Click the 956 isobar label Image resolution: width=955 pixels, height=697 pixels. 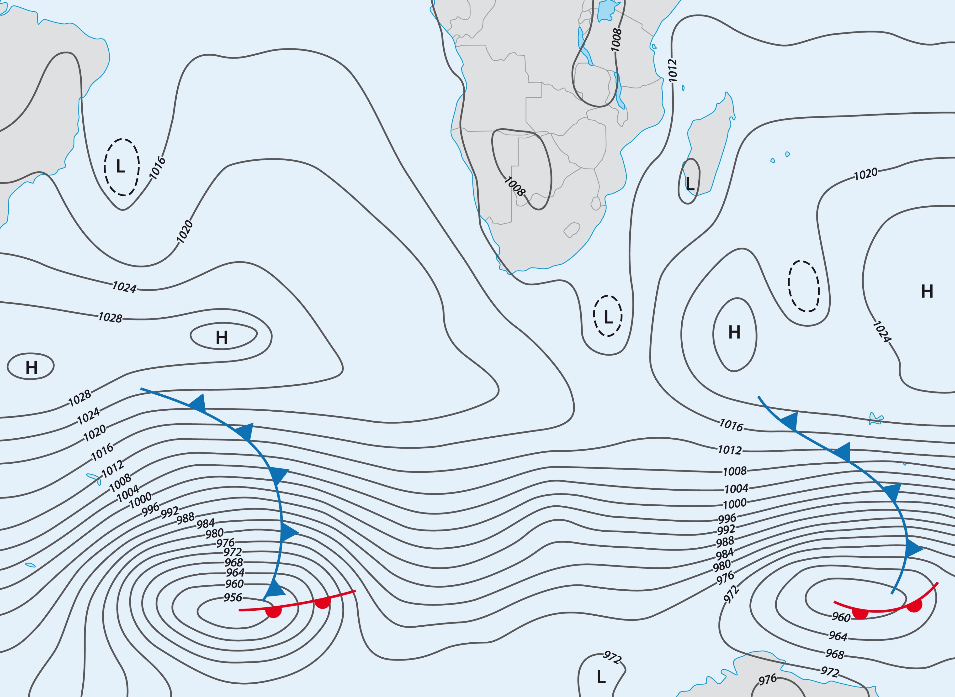[x=233, y=597]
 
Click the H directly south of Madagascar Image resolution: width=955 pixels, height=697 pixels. [x=734, y=332]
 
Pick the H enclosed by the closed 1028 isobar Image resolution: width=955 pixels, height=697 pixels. [x=222, y=338]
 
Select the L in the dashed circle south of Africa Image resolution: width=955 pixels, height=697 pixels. [x=608, y=317]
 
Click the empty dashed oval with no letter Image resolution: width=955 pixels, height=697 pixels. [x=803, y=286]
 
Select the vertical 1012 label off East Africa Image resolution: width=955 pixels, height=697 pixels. [x=673, y=70]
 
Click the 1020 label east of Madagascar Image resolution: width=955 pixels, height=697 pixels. [x=865, y=174]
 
